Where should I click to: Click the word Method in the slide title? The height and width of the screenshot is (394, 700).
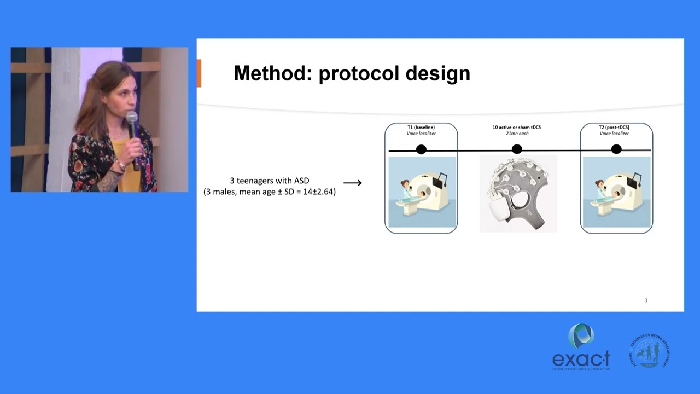tap(272, 73)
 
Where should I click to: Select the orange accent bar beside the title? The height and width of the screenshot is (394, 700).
tap(199, 73)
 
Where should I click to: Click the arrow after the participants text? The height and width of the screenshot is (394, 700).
tap(352, 183)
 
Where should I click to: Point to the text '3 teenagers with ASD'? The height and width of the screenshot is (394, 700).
tap(269, 181)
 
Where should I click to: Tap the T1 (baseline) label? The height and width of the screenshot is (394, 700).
tap(421, 127)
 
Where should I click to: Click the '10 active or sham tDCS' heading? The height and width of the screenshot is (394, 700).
tap(517, 127)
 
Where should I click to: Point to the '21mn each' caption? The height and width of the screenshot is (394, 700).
tap(517, 134)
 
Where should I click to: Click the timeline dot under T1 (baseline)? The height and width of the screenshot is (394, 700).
tap(421, 149)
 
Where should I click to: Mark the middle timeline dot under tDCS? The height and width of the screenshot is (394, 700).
tap(517, 149)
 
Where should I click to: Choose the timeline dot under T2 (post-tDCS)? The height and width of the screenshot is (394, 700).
tap(616, 149)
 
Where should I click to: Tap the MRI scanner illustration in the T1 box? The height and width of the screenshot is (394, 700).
tap(422, 192)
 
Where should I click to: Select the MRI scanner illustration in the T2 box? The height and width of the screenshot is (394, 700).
tap(616, 192)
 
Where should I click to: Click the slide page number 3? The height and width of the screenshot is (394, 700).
tap(646, 300)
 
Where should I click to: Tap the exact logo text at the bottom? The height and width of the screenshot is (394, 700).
tap(581, 359)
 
